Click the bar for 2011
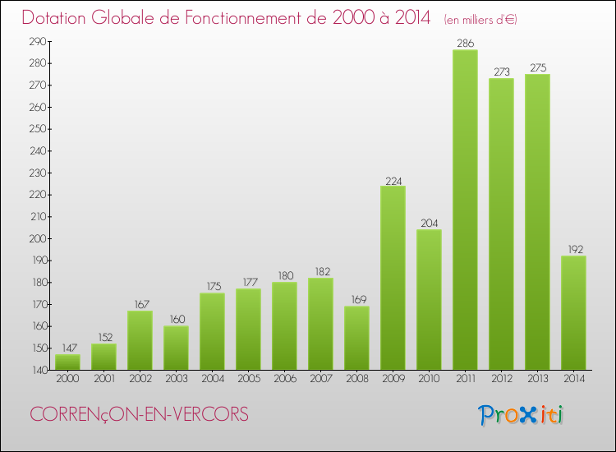(465, 210)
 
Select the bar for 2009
(393, 277)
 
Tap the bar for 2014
(573, 312)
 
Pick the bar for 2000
(67, 362)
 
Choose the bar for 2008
(356, 337)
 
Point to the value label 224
(393, 180)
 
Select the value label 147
(67, 348)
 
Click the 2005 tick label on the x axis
(248, 378)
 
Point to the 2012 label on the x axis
(501, 378)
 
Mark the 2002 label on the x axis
(140, 378)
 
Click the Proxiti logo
(520, 414)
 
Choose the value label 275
(537, 68)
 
